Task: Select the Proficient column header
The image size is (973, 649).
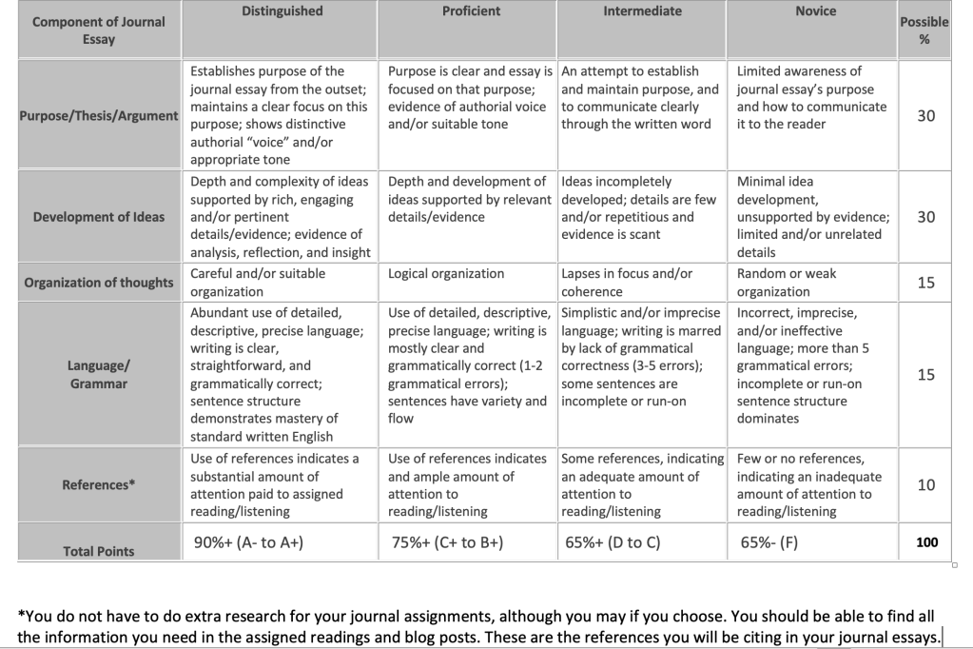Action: click(470, 11)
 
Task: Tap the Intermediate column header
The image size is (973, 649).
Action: click(642, 11)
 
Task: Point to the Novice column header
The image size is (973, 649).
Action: click(815, 11)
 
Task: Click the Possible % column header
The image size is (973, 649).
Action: click(924, 30)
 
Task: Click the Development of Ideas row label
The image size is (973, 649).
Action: click(98, 217)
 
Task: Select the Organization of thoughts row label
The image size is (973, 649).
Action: click(98, 282)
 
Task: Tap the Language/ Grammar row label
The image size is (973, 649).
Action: click(98, 374)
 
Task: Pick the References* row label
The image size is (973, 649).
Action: click(98, 484)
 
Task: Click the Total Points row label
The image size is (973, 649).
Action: click(98, 551)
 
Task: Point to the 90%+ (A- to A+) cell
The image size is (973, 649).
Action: click(248, 543)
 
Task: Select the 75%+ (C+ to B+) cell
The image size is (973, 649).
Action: click(447, 543)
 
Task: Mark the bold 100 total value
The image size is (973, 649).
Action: click(926, 542)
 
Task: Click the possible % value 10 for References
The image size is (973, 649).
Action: click(925, 484)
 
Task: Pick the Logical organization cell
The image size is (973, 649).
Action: click(446, 274)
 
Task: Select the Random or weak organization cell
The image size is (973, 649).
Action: click(787, 283)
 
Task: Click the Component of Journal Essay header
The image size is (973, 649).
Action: click(98, 30)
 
